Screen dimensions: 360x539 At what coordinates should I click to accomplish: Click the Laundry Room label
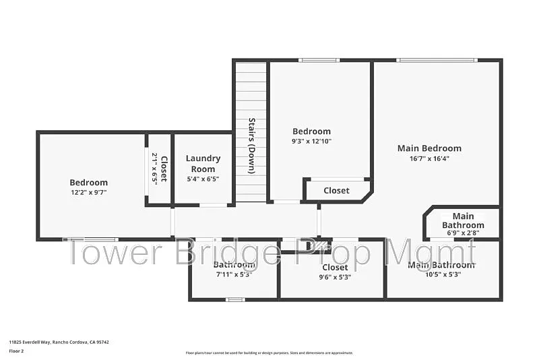[x=203, y=164]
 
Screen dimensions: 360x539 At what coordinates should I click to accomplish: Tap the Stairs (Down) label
[x=251, y=146]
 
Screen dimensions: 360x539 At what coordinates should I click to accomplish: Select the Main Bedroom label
[x=429, y=148]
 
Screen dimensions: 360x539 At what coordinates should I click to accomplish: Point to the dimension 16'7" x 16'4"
[x=429, y=159]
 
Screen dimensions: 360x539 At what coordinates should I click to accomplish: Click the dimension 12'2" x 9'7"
[x=88, y=192]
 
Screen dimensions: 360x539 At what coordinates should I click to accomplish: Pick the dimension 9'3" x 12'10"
[x=311, y=142]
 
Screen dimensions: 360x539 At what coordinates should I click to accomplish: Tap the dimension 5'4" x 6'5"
[x=203, y=179]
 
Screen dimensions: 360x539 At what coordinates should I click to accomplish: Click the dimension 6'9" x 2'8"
[x=463, y=233]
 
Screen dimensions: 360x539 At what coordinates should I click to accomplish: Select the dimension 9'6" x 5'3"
[x=335, y=277]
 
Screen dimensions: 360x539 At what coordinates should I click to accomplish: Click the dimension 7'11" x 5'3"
[x=233, y=274]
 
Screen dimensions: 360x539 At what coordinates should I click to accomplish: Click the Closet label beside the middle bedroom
[x=336, y=191]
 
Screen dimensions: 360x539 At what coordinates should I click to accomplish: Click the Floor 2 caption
[x=16, y=351]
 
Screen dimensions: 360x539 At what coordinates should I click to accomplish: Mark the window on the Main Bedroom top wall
[x=437, y=60]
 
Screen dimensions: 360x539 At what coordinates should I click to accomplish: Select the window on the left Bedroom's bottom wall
[x=91, y=239]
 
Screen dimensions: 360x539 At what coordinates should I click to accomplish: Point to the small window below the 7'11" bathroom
[x=234, y=299]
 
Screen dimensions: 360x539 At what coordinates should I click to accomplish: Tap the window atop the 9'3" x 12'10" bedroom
[x=319, y=60]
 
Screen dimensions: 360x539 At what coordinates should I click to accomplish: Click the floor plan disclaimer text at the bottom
[x=269, y=353]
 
